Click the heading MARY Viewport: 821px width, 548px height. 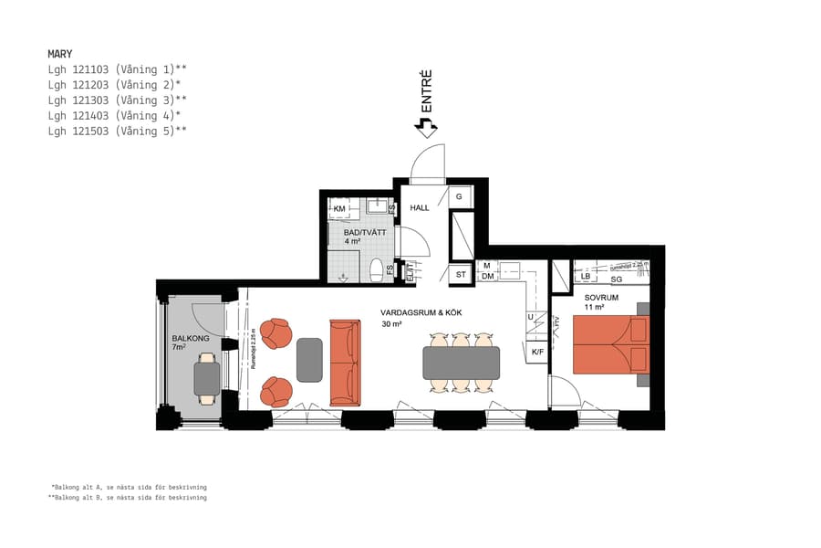[x=60, y=54]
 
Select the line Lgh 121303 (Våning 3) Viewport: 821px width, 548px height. [x=117, y=100]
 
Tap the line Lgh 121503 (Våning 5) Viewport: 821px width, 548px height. [x=117, y=132]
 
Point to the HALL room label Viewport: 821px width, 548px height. [x=420, y=208]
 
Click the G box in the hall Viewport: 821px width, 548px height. [x=460, y=197]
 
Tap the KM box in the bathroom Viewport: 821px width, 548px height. [x=339, y=209]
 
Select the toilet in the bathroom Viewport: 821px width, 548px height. [x=375, y=269]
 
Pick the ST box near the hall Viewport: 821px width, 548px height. [x=461, y=274]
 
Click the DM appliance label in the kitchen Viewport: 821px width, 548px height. [x=488, y=276]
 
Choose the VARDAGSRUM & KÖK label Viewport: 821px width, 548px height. [x=421, y=312]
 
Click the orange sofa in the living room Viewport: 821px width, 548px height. [x=345, y=363]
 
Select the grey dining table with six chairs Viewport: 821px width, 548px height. [x=461, y=363]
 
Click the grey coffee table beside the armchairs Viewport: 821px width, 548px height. [x=309, y=359]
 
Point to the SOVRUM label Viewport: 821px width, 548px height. [x=602, y=298]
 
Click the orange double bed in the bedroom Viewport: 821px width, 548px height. [x=608, y=345]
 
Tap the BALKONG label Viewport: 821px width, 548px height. [x=190, y=339]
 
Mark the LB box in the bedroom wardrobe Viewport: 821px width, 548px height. [x=586, y=276]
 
